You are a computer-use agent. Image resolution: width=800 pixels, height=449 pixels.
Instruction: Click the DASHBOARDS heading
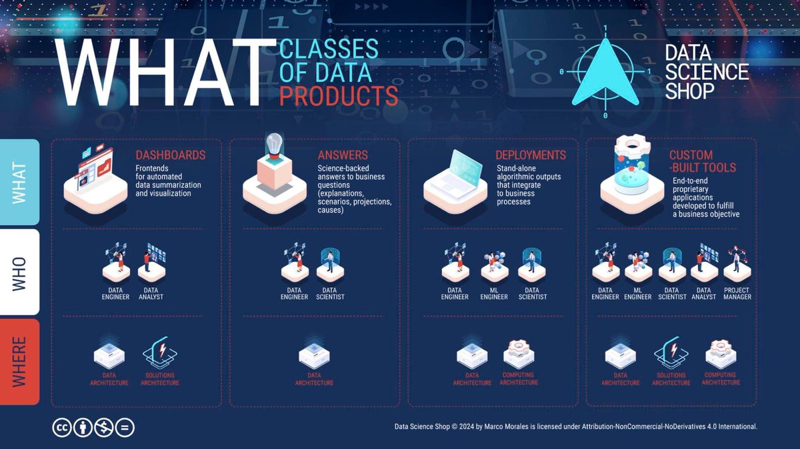coord(171,155)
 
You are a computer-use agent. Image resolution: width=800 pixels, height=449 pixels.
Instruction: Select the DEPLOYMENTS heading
coord(531,155)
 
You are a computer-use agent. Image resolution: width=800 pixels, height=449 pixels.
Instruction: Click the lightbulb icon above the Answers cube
coord(275,146)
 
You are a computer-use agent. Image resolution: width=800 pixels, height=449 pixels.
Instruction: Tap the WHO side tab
coord(19,272)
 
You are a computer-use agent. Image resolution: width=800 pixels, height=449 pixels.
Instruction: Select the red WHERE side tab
coord(19,361)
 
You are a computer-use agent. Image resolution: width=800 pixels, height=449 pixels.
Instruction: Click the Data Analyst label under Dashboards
coord(151,294)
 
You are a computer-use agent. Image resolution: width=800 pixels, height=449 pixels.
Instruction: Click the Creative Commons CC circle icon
coord(62,428)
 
